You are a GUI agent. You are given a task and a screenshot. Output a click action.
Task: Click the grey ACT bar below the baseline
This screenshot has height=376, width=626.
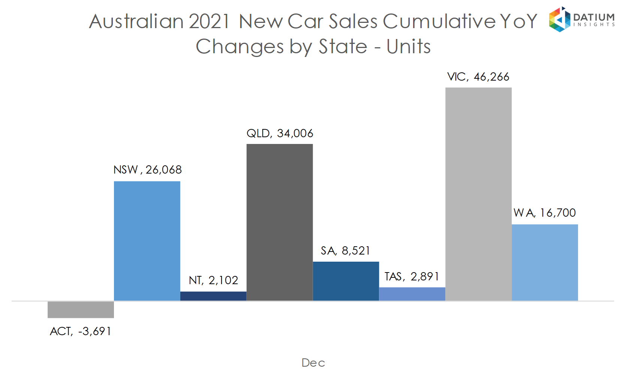81,310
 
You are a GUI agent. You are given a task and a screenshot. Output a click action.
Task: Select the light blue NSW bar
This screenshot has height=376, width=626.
147,241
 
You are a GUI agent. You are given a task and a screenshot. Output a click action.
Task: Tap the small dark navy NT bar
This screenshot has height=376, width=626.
213,296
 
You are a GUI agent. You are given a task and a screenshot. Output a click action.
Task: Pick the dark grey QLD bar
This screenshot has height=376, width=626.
280,222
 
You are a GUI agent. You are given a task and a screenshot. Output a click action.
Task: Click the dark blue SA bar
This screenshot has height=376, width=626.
346,281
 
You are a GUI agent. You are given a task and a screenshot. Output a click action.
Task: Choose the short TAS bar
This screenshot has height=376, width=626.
412,294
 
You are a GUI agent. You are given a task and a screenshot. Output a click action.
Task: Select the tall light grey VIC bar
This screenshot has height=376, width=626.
478,194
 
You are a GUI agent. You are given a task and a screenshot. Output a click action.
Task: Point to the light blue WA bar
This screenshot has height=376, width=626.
545,262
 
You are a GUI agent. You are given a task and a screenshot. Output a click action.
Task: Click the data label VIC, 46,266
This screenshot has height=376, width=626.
478,77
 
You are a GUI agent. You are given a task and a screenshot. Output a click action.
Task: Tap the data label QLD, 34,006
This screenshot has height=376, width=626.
280,133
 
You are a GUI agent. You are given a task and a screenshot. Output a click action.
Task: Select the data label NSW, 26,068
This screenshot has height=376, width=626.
147,170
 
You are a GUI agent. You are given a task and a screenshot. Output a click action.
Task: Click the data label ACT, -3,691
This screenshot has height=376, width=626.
81,331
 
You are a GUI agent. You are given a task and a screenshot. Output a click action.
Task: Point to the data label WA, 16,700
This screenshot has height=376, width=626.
544,213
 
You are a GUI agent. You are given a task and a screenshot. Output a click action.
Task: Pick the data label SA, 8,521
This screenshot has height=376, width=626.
345,251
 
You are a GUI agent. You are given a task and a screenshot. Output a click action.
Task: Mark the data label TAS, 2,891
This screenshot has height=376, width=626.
412,277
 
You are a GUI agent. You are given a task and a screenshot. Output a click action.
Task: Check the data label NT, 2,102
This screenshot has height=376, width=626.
213,280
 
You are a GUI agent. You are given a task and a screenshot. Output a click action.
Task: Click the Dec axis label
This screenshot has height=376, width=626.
313,363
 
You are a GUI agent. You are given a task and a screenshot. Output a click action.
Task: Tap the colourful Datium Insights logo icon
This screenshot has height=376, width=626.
559,19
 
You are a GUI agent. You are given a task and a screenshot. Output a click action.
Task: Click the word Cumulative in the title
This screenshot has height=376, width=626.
436,21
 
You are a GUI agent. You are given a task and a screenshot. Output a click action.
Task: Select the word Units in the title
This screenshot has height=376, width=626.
409,47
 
